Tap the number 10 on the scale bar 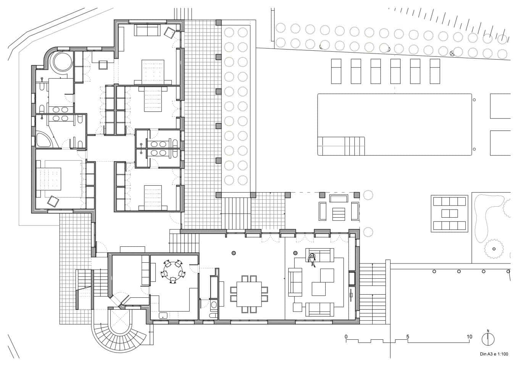pyautogui.click(x=469, y=337)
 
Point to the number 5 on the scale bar pyautogui.click(x=408, y=337)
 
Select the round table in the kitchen pyautogui.click(x=173, y=270)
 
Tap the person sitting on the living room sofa pyautogui.click(x=312, y=259)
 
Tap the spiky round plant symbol pyautogui.click(x=494, y=249)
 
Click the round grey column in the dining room pyautogui.click(x=233, y=252)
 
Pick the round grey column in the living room pyautogui.click(x=295, y=252)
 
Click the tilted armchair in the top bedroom pyautogui.click(x=169, y=32)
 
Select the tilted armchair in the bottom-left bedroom pyautogui.click(x=52, y=201)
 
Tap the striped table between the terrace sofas pyautogui.click(x=339, y=213)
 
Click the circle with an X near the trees pyautogui.click(x=452, y=53)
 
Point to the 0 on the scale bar pyautogui.click(x=346, y=337)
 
